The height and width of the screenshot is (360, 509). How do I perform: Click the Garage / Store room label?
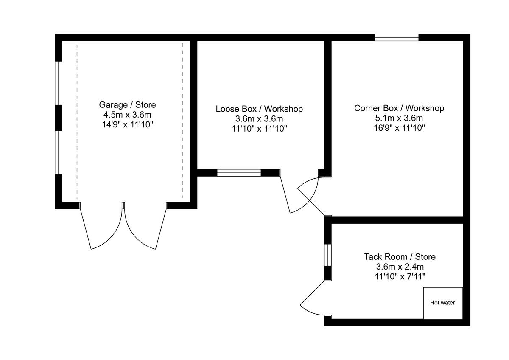point(127,104)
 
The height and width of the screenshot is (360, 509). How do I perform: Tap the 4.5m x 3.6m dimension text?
point(127,115)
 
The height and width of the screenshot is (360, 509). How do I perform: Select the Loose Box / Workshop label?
point(259,109)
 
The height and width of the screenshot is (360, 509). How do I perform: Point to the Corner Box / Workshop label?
point(399,108)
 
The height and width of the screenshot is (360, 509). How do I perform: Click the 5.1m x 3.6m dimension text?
point(399,118)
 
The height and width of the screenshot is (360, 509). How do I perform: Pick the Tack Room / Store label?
point(400,257)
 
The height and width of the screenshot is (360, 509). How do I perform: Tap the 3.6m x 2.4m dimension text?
point(400,267)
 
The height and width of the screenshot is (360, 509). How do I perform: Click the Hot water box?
point(442,303)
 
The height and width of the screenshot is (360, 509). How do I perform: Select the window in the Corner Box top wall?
point(397,37)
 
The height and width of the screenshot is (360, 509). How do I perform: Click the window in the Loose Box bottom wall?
point(239,172)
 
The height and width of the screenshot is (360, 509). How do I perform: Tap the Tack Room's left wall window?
point(327,255)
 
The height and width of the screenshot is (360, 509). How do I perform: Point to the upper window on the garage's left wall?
point(59,83)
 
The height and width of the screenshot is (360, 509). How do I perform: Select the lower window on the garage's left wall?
point(59,152)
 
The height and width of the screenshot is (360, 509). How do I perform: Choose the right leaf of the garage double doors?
point(146,229)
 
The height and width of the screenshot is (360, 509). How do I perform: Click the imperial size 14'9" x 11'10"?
point(127,125)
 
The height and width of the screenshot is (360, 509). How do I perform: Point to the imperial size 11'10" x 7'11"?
point(400,277)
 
